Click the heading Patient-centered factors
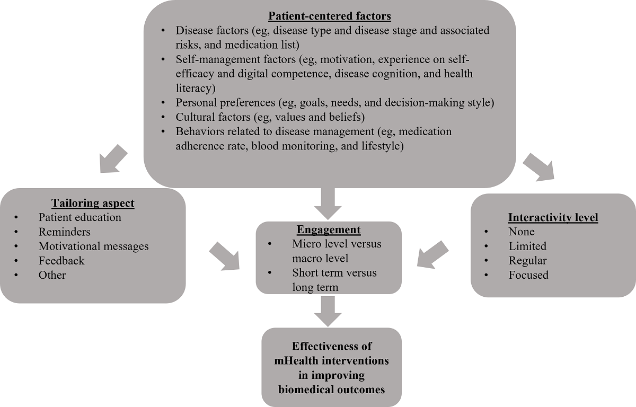pyautogui.click(x=330, y=16)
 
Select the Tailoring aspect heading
pyautogui.click(x=93, y=203)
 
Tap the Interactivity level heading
pyautogui.click(x=553, y=217)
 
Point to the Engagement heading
pyautogui.click(x=329, y=230)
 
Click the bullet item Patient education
pyautogui.click(x=79, y=217)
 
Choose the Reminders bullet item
pyautogui.click(x=64, y=232)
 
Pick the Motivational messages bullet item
pyautogui.click(x=93, y=246)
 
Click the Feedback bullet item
pyautogui.click(x=61, y=260)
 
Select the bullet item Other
pyautogui.click(x=52, y=275)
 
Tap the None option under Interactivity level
pyautogui.click(x=522, y=232)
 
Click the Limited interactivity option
pyautogui.click(x=527, y=246)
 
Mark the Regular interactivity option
pyautogui.click(x=527, y=260)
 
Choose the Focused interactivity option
pyautogui.click(x=528, y=275)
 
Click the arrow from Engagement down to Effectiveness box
pyautogui.click(x=329, y=311)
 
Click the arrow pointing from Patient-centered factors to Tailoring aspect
pyautogui.click(x=112, y=159)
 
